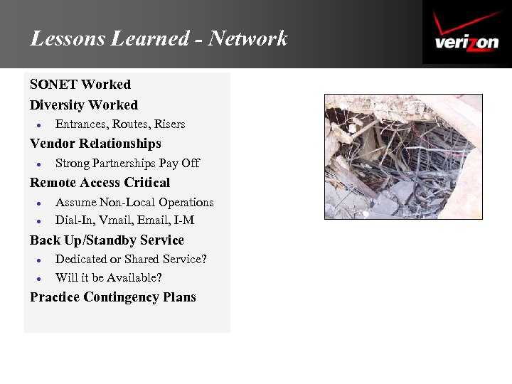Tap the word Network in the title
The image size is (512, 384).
pyautogui.click(x=248, y=38)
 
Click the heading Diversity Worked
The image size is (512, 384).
pyautogui.click(x=84, y=105)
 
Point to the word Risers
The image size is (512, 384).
pyautogui.click(x=170, y=124)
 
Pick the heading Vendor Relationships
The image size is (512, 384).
pyautogui.click(x=95, y=144)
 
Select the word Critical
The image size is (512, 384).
pyautogui.click(x=145, y=183)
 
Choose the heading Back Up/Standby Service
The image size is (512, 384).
pyautogui.click(x=107, y=240)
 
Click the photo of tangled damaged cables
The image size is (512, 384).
pyautogui.click(x=403, y=156)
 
